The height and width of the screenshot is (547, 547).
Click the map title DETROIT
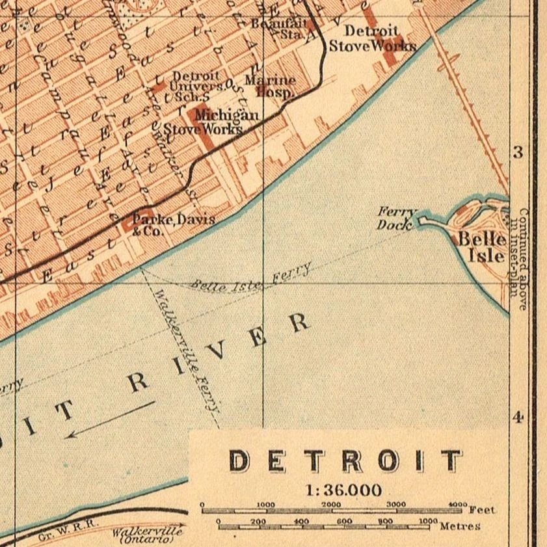point(346,461)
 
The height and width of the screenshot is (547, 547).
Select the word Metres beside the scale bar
point(460,526)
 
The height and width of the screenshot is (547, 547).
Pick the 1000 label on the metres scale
point(427,521)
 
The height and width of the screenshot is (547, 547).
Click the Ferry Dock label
point(396,219)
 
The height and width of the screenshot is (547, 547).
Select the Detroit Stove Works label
point(371,38)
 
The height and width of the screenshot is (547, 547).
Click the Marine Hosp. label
point(270,86)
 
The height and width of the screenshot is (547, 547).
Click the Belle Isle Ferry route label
point(252,279)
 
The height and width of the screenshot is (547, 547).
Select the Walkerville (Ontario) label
point(146,535)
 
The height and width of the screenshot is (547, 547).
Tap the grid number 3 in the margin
point(518,153)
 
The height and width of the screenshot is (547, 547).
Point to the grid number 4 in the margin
point(518,417)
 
